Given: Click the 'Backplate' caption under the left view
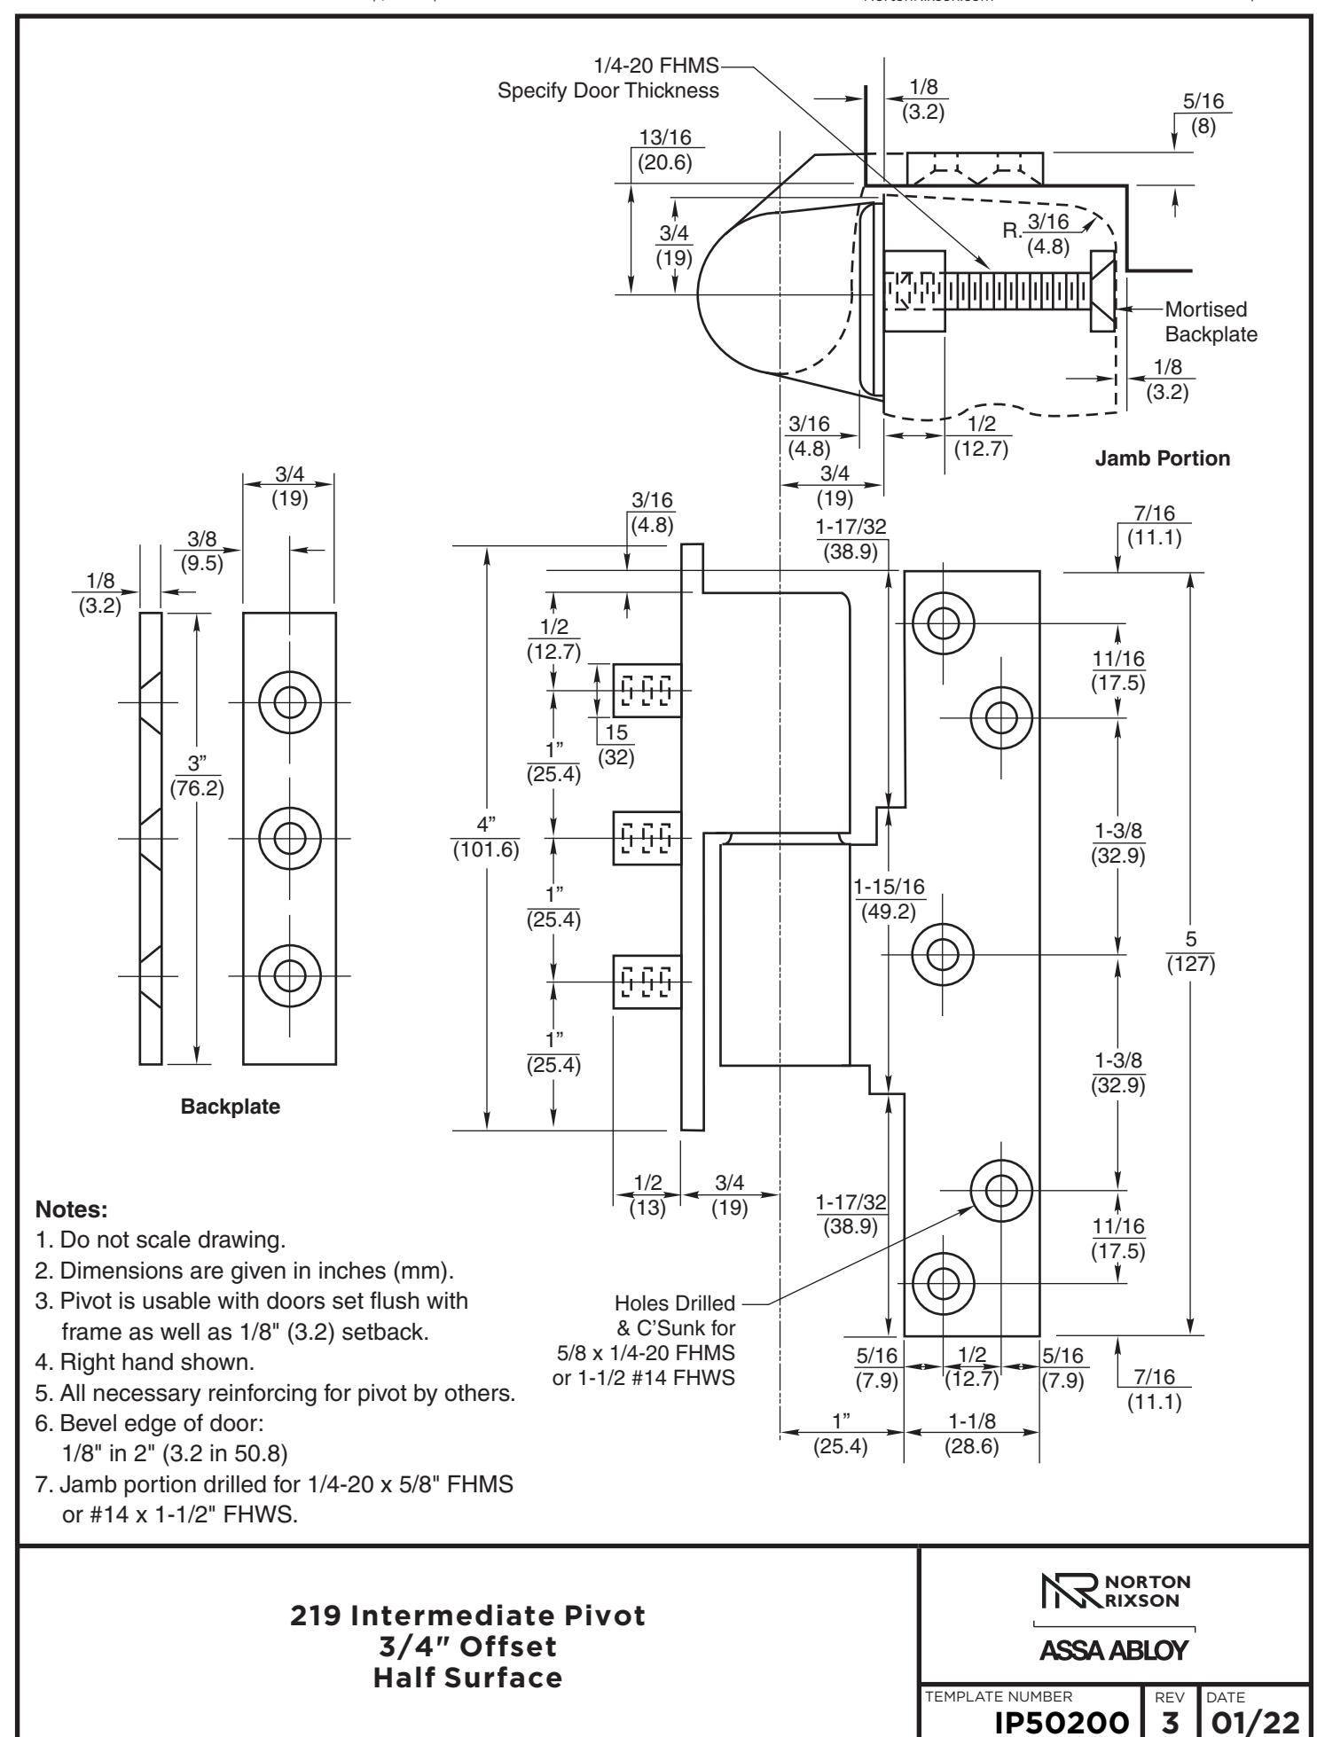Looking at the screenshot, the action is pyautogui.click(x=230, y=1106).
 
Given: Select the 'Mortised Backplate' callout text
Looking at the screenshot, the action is pyautogui.click(x=1211, y=322).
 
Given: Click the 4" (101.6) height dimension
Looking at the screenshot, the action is pyautogui.click(x=485, y=838).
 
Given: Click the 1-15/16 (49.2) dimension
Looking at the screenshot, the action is pyautogui.click(x=889, y=899).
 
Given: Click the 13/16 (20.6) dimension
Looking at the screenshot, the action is pyautogui.click(x=664, y=150).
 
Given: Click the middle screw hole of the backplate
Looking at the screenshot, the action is pyautogui.click(x=289, y=838).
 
